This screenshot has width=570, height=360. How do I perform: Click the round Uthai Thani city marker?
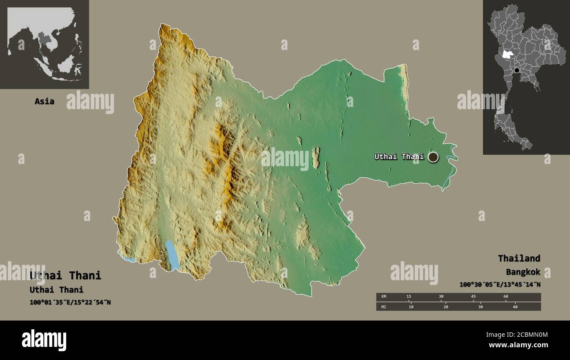click(433, 157)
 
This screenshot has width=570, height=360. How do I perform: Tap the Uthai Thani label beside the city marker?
click(399, 157)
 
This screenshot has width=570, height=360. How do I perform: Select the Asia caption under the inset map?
click(44, 101)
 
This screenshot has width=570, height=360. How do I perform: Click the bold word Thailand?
click(519, 258)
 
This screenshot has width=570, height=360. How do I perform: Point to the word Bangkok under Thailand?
click(523, 272)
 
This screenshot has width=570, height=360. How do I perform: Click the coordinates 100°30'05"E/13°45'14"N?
click(500, 285)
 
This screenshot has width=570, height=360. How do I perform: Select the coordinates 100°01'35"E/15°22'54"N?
click(70, 302)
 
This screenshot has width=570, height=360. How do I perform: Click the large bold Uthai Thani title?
click(65, 275)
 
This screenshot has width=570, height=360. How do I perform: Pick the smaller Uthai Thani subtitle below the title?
click(57, 289)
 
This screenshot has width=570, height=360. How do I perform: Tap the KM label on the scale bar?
click(384, 297)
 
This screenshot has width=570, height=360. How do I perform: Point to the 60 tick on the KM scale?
click(506, 297)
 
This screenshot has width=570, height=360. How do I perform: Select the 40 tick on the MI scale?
click(515, 307)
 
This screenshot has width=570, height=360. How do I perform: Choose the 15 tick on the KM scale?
click(409, 297)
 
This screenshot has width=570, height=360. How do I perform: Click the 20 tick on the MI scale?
click(445, 307)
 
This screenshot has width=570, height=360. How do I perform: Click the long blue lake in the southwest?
click(172, 255)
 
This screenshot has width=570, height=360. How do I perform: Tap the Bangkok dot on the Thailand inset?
click(517, 70)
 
